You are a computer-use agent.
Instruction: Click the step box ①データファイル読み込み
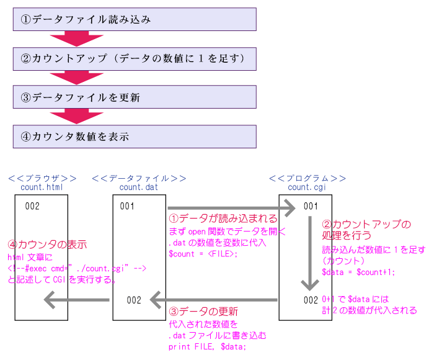click(x=135, y=19)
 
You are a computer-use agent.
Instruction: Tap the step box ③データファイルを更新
click(x=135, y=97)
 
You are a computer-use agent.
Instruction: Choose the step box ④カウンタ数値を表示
click(x=135, y=137)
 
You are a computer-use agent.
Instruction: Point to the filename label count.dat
click(x=139, y=186)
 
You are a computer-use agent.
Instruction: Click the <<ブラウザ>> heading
click(x=42, y=178)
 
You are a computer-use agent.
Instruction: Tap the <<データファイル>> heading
click(x=139, y=178)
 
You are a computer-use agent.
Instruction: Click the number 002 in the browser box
click(x=32, y=206)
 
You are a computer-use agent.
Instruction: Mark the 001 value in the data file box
click(x=126, y=206)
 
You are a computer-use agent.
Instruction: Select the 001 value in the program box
click(x=311, y=205)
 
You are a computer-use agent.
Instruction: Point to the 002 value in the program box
click(x=311, y=300)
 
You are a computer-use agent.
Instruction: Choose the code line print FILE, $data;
click(x=207, y=346)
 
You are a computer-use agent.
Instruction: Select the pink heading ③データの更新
click(x=203, y=311)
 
